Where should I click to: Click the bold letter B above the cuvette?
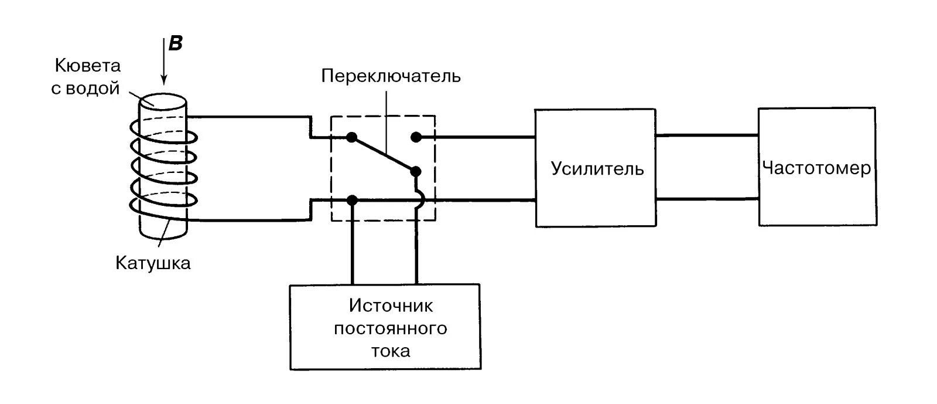pos(175,44)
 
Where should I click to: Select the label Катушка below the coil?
pos(153,263)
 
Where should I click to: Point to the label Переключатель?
pos(391,76)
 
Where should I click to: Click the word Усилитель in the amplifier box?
pos(597,169)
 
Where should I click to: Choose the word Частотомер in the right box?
pos(816,168)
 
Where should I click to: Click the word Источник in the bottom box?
pos(391,305)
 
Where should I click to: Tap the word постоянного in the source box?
pos(391,328)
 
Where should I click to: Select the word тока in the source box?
pos(391,351)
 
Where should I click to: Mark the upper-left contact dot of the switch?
pos(351,137)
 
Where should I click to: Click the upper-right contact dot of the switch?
pos(415,137)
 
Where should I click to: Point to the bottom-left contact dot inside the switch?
pos(352,201)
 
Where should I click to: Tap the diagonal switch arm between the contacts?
pos(384,154)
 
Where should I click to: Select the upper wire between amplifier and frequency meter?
pos(707,135)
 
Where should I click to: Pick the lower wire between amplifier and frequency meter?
pos(707,199)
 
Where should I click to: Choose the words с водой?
pos(86,89)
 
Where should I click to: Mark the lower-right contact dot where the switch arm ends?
pos(416,171)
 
